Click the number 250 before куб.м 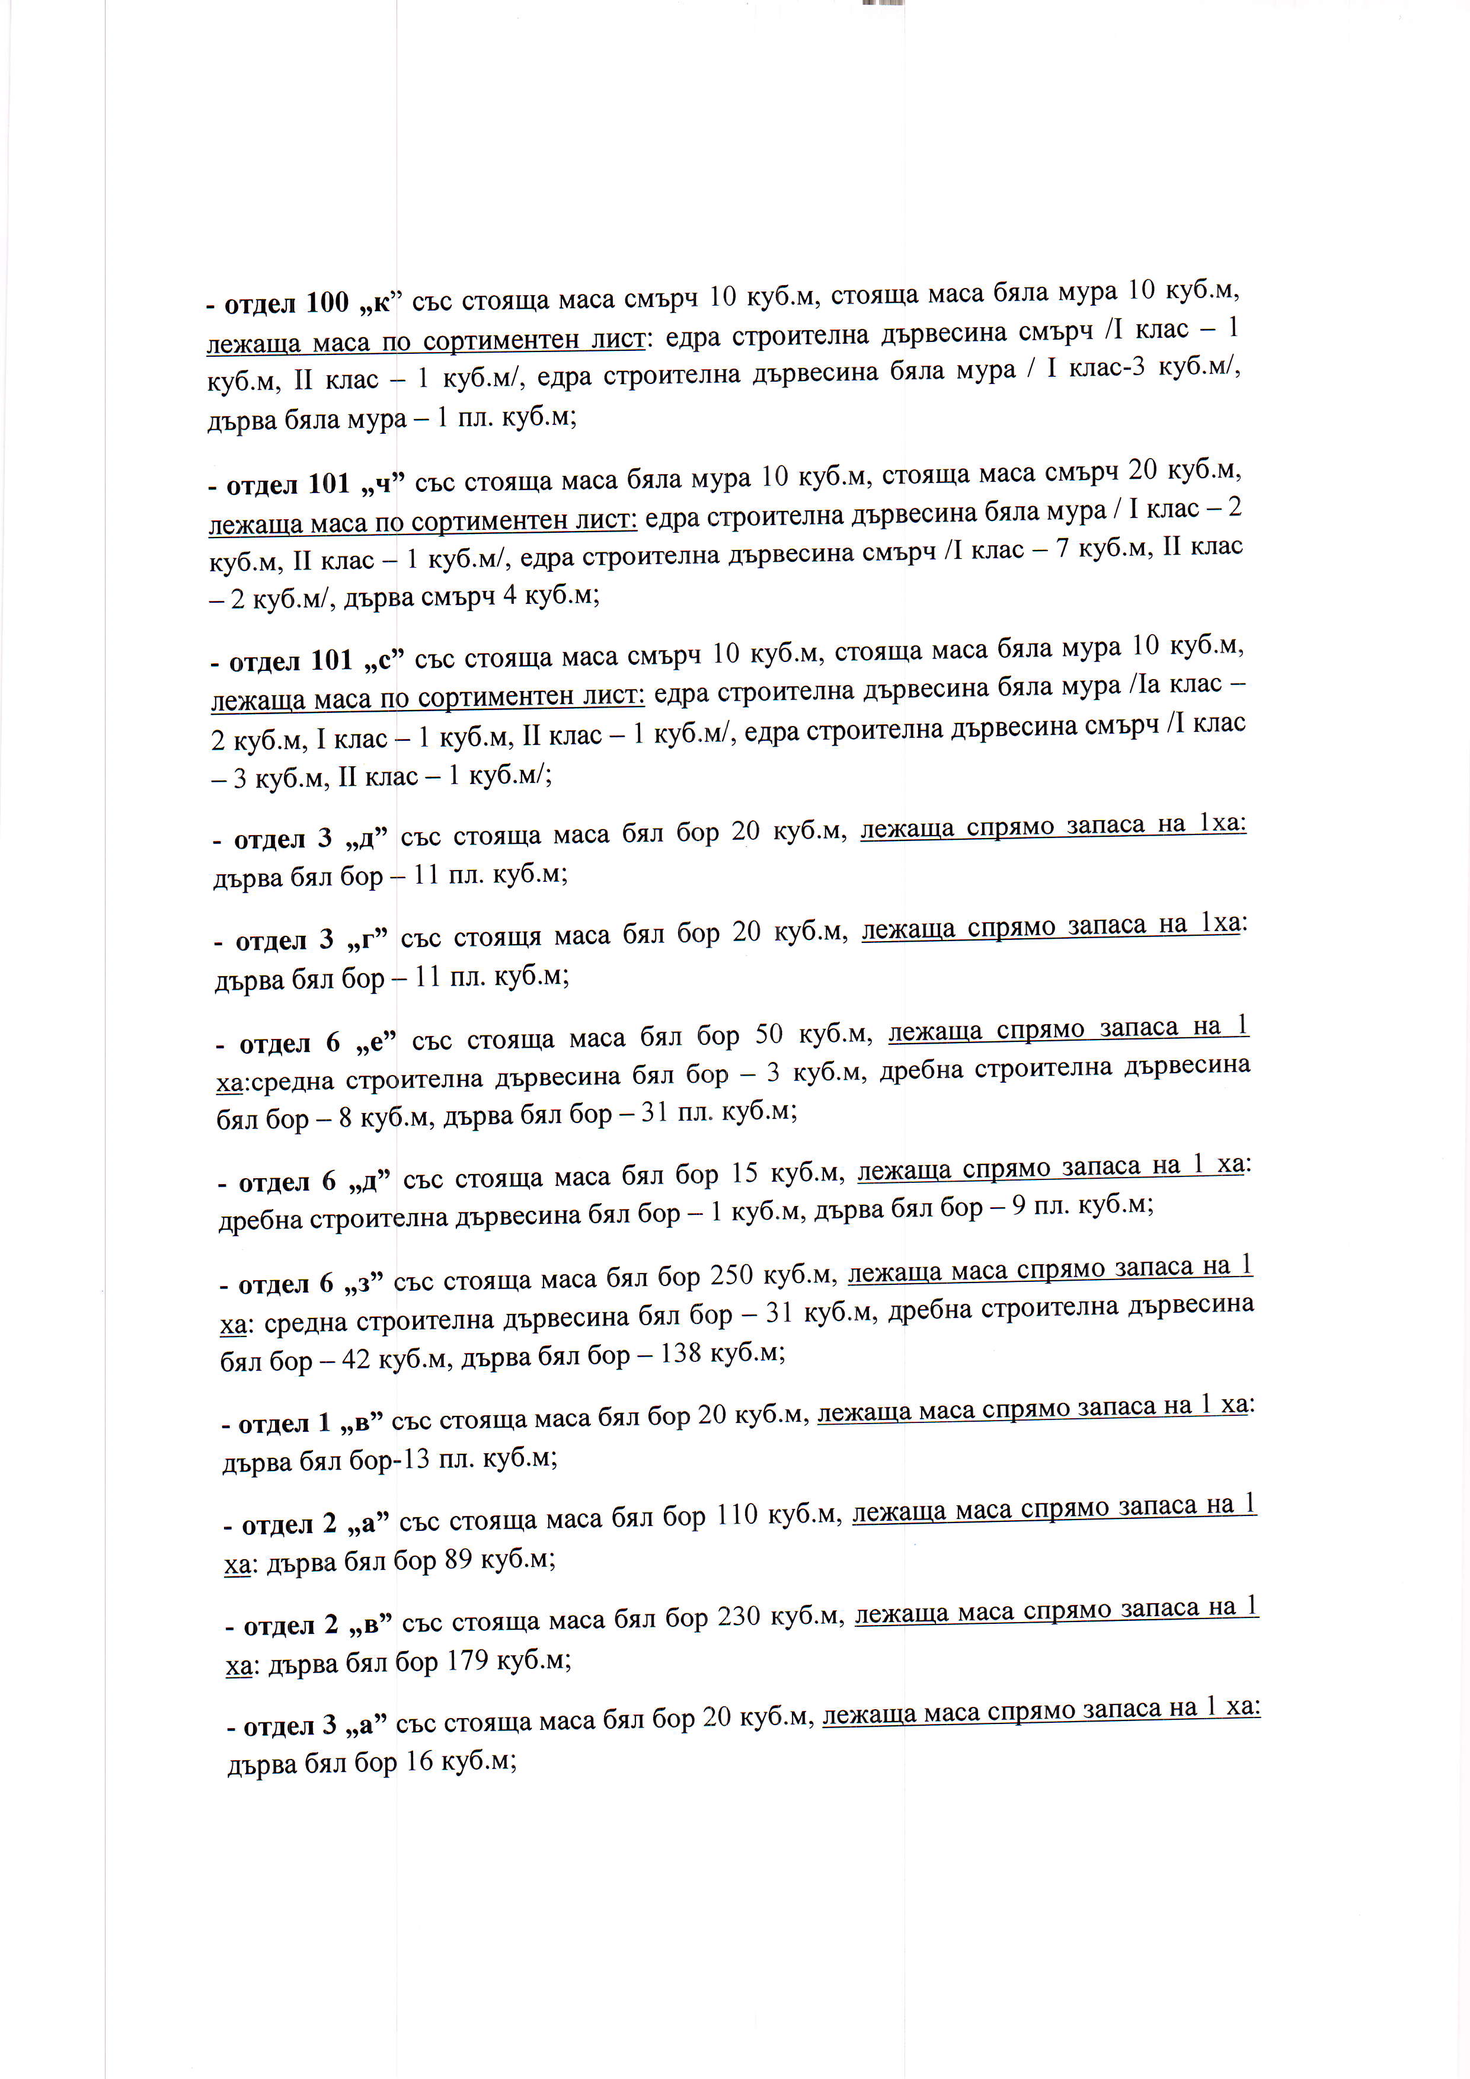732,1276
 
